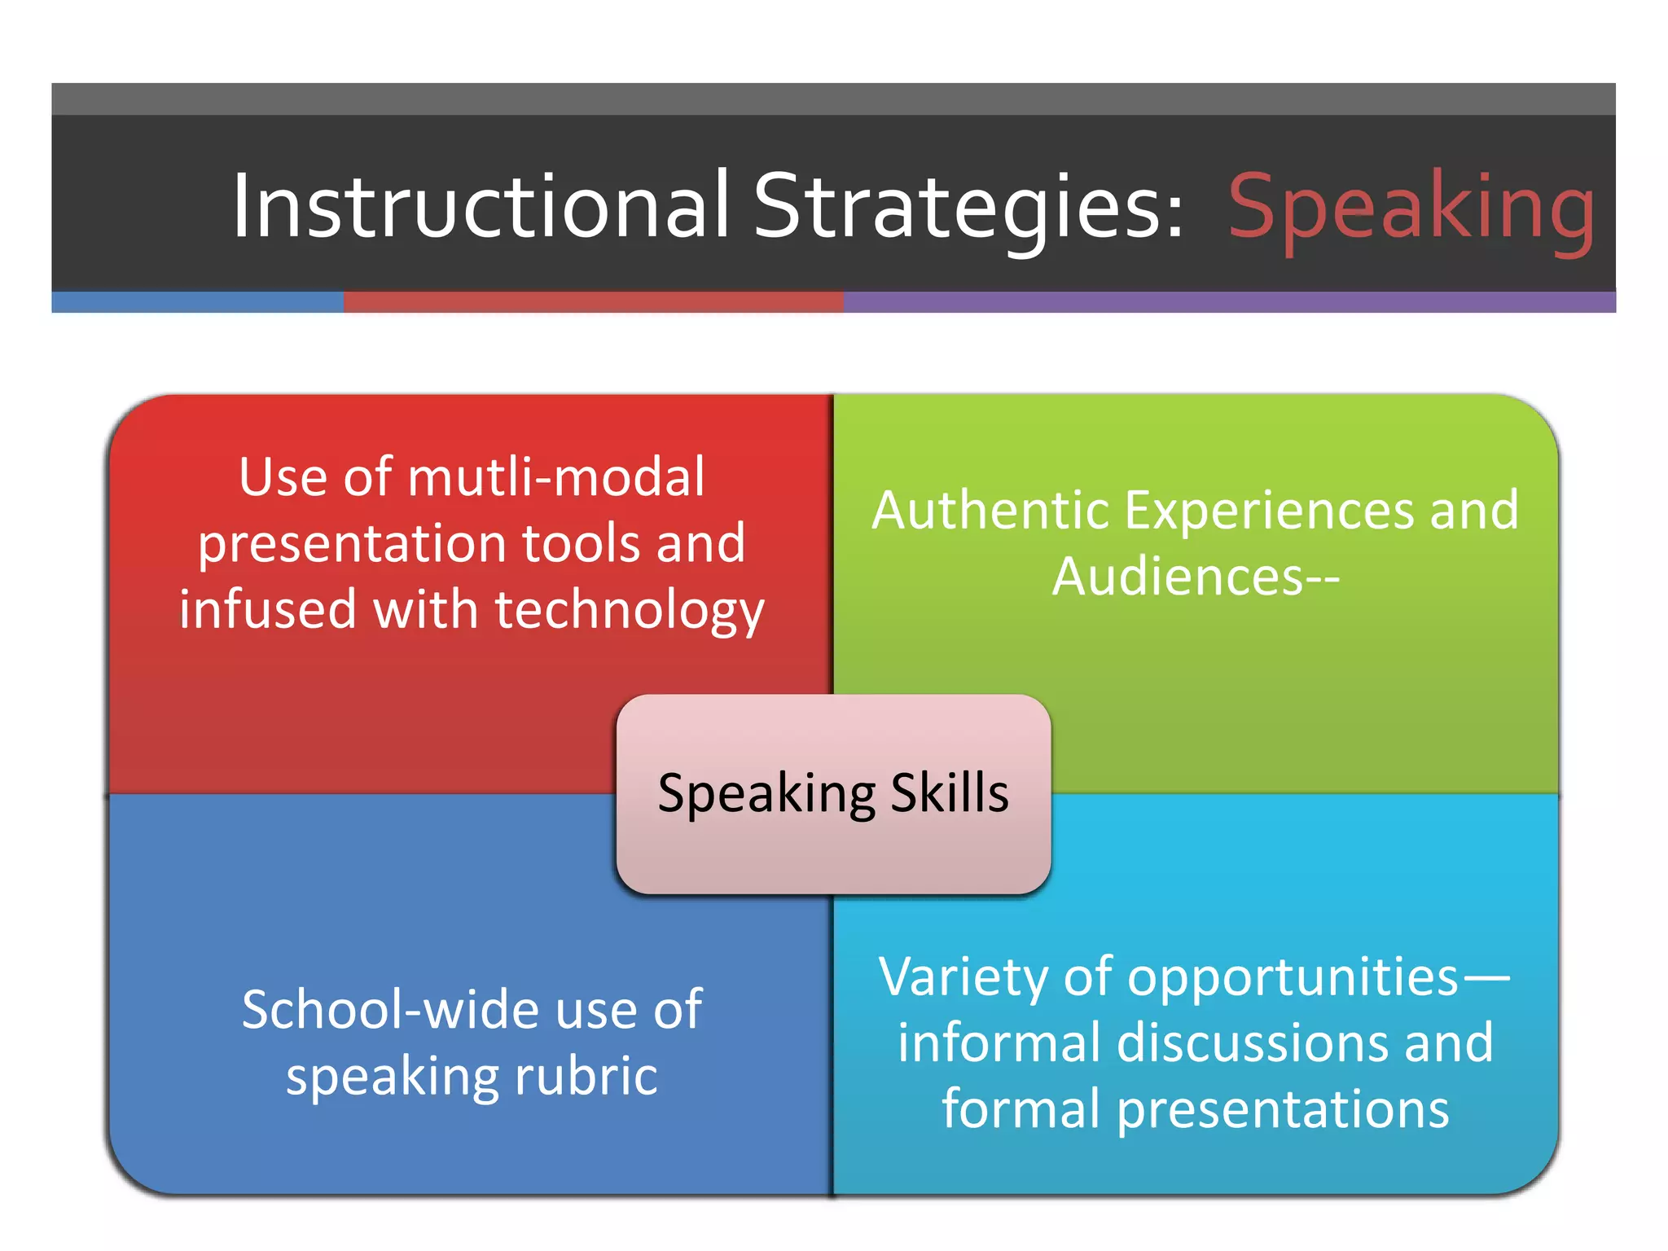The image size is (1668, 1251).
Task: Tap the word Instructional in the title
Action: [x=481, y=207]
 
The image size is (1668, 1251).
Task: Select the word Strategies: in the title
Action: [x=968, y=207]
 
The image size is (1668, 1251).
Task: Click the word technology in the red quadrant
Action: [x=630, y=610]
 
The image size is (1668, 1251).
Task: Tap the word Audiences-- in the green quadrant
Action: [x=1195, y=577]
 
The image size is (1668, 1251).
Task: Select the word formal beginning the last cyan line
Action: [x=1021, y=1108]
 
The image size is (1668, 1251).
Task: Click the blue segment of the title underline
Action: [x=197, y=302]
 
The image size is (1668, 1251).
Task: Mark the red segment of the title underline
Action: [x=593, y=302]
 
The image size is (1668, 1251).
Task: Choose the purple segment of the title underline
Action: [x=1229, y=302]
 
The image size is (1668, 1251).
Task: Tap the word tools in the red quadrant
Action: [x=582, y=544]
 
